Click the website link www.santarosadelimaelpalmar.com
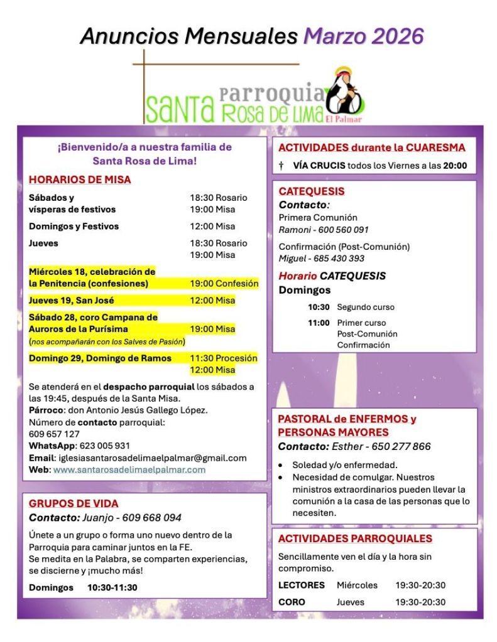[129, 469]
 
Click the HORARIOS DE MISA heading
[80, 180]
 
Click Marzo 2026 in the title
[363, 36]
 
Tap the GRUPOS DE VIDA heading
[74, 503]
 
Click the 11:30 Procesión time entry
[224, 358]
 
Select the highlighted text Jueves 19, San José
[72, 301]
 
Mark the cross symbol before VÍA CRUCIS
[281, 166]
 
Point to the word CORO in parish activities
[292, 602]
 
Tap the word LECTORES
[302, 585]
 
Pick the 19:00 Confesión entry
[224, 284]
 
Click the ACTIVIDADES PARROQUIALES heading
[355, 538]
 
